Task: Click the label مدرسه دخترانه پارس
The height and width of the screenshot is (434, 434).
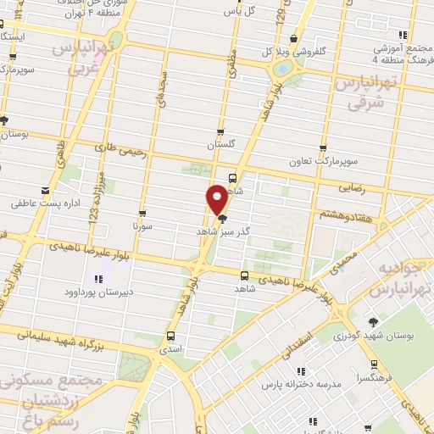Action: tap(305, 384)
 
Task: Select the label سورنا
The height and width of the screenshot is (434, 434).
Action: tap(142, 226)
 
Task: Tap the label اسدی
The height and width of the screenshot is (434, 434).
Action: tap(171, 348)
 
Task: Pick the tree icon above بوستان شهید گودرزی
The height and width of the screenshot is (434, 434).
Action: tap(373, 322)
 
